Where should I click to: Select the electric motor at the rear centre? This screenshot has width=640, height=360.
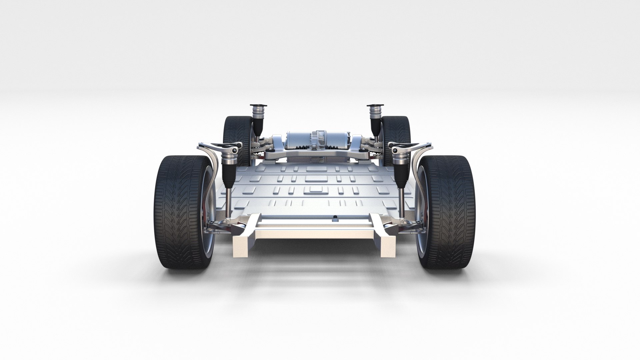(x=317, y=138)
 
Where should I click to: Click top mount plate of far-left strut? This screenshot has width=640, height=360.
(x=258, y=106)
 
